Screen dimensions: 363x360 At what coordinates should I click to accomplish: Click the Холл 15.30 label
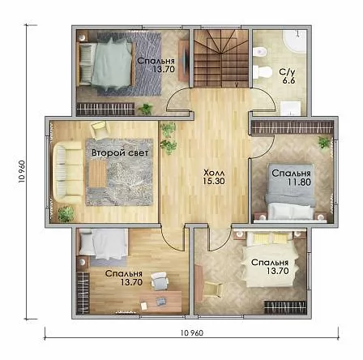(214, 177)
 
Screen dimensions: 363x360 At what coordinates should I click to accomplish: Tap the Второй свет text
(120, 153)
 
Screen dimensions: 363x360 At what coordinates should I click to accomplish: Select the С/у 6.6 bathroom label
(288, 76)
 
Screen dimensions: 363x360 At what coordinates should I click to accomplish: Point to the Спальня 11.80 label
(291, 178)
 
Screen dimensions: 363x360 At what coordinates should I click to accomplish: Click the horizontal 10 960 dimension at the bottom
(192, 333)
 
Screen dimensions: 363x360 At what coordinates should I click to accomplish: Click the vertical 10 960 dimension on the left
(22, 171)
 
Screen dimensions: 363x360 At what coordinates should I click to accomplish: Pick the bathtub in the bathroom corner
(294, 42)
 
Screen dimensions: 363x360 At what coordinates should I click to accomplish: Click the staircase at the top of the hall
(221, 58)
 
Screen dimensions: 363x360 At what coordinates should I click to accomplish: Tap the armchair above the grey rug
(100, 129)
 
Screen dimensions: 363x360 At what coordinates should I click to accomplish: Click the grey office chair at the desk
(160, 280)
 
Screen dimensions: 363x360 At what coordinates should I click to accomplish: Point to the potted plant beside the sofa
(66, 213)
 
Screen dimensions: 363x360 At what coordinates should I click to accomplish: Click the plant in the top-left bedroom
(146, 109)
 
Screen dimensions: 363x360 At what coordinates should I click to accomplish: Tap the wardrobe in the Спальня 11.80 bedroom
(292, 126)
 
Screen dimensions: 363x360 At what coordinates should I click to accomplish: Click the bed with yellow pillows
(271, 259)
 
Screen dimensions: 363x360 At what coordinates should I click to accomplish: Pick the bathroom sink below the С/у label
(290, 108)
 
